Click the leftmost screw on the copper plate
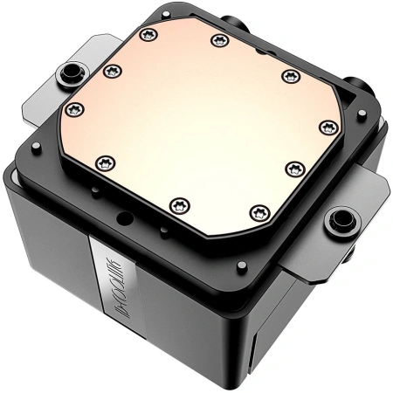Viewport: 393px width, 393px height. coord(73,109)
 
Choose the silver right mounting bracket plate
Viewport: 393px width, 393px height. coord(354,210)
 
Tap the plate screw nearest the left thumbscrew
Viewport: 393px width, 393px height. coord(110,71)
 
